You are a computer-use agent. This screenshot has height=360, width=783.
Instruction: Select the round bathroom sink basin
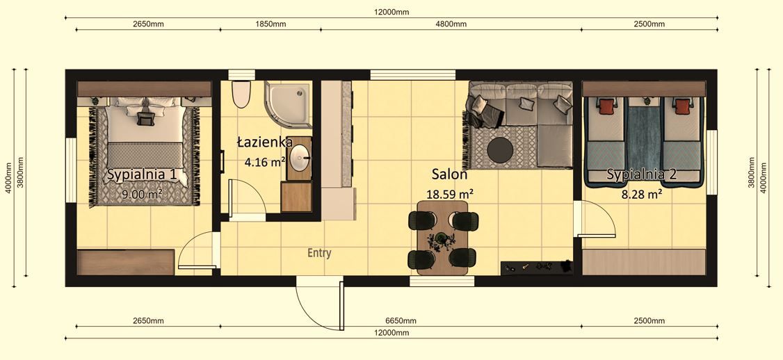click(300, 157)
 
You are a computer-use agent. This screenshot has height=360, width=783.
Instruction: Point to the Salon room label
click(449, 174)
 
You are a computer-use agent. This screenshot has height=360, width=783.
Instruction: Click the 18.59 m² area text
click(451, 194)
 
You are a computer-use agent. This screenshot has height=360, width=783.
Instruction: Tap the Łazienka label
click(264, 142)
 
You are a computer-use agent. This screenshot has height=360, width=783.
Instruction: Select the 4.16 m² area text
click(265, 163)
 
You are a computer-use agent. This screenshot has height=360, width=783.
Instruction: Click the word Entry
click(319, 254)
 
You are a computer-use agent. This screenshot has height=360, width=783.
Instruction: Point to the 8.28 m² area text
click(641, 195)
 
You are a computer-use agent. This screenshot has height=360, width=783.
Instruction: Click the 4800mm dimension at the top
click(451, 24)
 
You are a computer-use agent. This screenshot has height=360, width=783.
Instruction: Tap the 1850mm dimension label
click(271, 24)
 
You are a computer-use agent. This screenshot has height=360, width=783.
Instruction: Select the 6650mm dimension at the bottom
click(401, 321)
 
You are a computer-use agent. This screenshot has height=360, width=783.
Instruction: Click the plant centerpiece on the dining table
click(442, 240)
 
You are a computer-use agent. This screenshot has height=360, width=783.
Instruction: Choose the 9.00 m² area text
click(142, 195)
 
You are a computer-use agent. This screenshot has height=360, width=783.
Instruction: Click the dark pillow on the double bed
click(146, 119)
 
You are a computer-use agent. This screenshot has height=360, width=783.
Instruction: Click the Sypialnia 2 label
click(641, 174)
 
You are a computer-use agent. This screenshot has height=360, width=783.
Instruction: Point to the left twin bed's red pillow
click(606, 106)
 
